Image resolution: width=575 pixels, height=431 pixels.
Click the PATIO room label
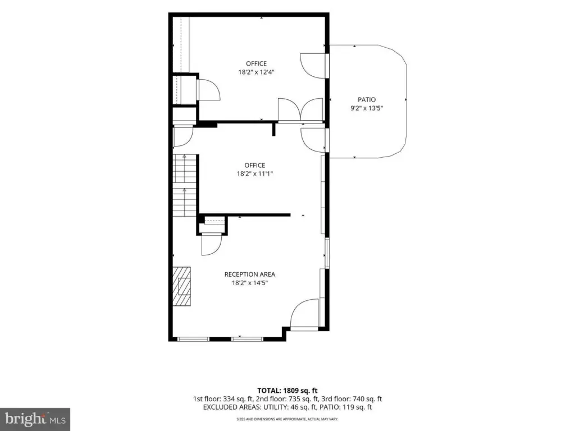[x=367, y=99]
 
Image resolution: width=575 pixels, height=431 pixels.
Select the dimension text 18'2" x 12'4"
[x=256, y=72]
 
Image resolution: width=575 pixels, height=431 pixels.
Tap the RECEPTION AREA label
[x=250, y=274]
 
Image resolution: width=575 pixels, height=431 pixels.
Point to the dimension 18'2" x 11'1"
[x=255, y=174]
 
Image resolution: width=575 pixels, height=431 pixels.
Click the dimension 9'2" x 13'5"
[x=367, y=108]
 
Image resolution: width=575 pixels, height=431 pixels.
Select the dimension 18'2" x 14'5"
[x=250, y=283]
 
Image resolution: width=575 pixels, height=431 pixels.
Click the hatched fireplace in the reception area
[x=182, y=286]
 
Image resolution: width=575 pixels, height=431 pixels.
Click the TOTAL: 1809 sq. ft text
[x=287, y=391]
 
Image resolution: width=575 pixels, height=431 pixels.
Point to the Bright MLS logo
[x=35, y=419]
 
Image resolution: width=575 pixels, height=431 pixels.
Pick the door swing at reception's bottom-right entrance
[x=304, y=313]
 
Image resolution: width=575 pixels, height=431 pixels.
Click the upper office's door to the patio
[x=313, y=66]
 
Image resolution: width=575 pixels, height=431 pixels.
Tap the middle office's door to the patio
[x=313, y=140]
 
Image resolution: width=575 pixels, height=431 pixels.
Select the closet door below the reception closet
[x=212, y=245]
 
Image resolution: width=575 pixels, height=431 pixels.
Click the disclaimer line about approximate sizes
[x=287, y=419]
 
